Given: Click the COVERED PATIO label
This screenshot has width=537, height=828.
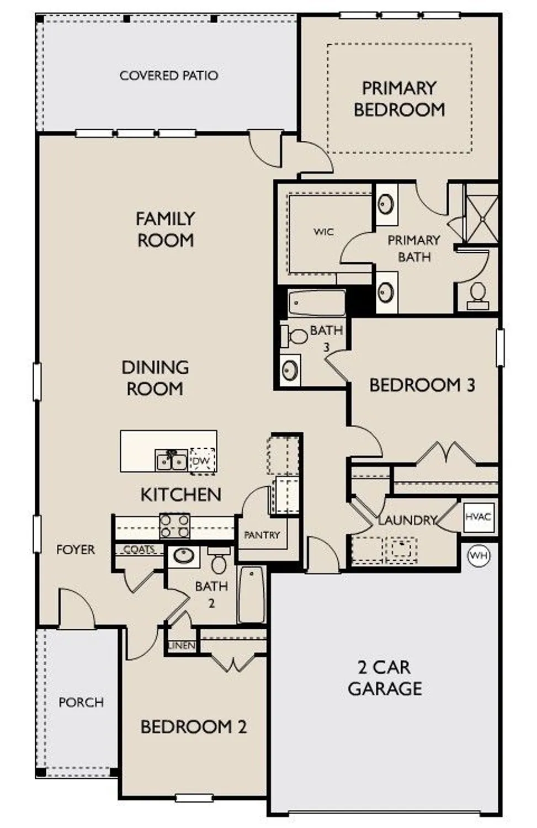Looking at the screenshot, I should click(x=169, y=76).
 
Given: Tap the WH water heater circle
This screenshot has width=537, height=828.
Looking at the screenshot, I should click(x=478, y=555).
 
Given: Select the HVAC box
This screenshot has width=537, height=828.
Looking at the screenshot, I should click(x=478, y=517).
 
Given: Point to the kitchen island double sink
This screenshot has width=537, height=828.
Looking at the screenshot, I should click(x=172, y=460).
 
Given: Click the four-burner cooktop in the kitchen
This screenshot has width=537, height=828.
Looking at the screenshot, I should click(x=175, y=526).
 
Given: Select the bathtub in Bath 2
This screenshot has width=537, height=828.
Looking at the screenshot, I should click(x=252, y=595).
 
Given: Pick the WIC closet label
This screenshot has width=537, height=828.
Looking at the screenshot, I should click(x=323, y=232).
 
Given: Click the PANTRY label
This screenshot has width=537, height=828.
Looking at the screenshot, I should click(x=262, y=535).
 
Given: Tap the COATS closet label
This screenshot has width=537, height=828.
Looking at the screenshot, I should click(x=139, y=550).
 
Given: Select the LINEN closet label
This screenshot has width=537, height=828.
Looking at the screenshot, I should click(x=182, y=645).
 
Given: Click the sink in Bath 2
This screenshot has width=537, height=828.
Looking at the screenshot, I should click(x=183, y=555).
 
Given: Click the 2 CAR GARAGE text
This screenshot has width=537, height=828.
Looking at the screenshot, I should click(x=385, y=678).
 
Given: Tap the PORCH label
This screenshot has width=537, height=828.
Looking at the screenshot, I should click(x=81, y=703).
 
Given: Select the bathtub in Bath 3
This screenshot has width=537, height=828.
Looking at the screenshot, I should click(x=317, y=303).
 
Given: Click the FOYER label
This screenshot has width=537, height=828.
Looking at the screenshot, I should click(x=76, y=550).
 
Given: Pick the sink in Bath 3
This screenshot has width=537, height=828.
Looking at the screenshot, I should click(x=290, y=370).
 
